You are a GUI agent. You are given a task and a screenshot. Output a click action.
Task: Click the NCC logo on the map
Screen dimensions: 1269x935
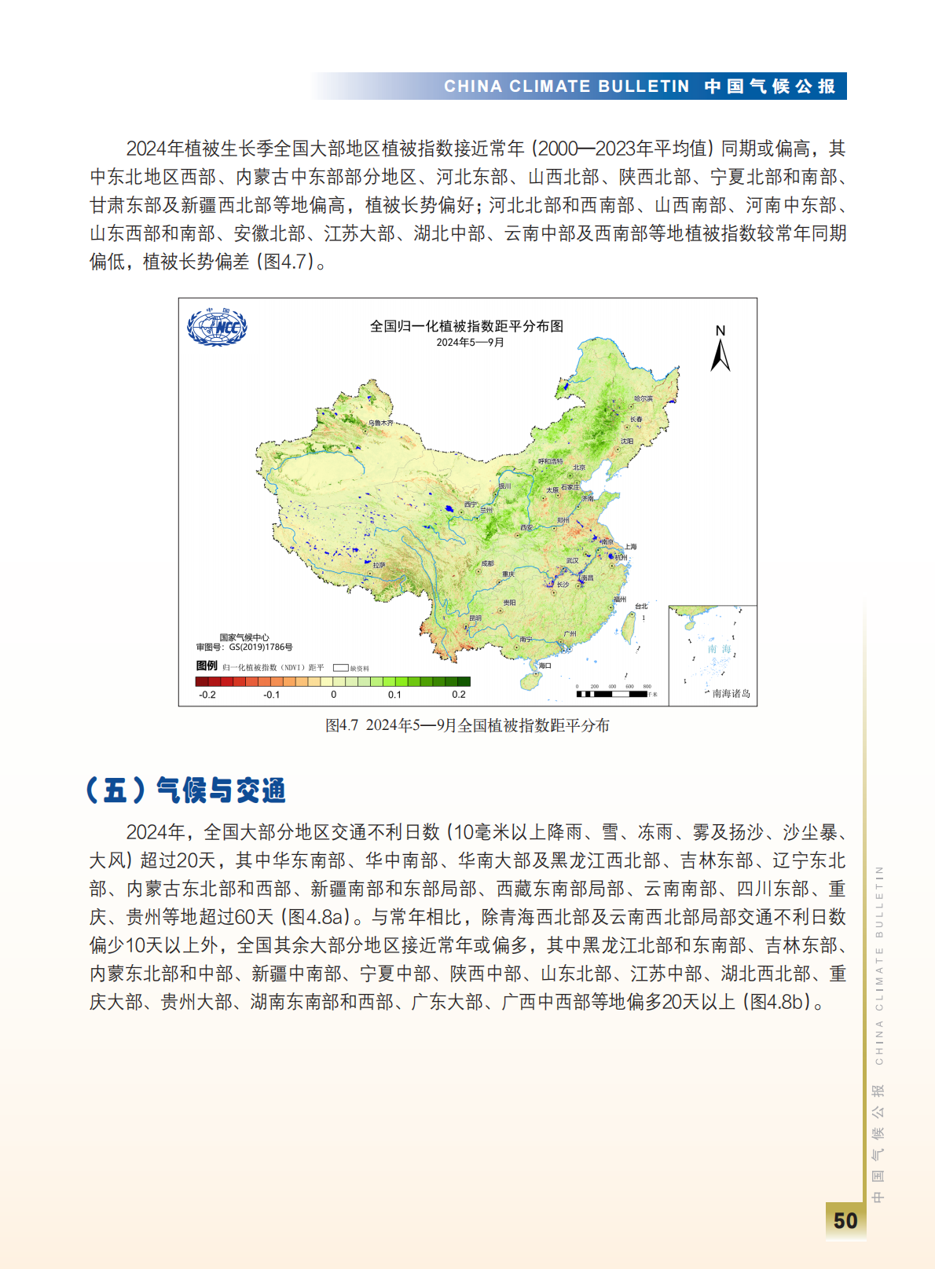(x=217, y=326)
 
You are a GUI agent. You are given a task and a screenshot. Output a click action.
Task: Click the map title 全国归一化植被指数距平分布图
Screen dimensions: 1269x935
(x=467, y=326)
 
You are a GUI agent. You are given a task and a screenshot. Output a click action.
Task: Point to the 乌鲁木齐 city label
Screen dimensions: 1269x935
(x=381, y=423)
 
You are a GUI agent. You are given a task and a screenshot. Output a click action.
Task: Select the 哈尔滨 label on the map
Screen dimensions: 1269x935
(x=643, y=399)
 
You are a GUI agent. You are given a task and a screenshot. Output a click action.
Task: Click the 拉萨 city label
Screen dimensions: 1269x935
(x=379, y=565)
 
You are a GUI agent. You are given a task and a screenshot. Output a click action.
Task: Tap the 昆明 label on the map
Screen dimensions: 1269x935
(x=475, y=618)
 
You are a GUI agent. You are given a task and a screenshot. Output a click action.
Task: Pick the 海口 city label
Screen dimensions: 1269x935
(x=544, y=665)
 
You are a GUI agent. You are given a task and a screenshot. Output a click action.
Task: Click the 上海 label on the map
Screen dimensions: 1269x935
(x=630, y=546)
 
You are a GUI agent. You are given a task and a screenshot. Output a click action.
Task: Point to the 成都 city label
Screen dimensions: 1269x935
(x=487, y=563)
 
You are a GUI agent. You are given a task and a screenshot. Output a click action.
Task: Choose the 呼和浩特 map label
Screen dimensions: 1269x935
(x=550, y=461)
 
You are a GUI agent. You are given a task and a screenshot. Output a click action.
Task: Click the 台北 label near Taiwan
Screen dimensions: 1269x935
(x=642, y=606)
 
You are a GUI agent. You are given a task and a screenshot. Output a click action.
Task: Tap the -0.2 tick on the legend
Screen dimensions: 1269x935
(x=207, y=695)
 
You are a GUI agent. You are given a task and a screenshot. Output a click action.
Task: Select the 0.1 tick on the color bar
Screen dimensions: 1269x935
(x=394, y=695)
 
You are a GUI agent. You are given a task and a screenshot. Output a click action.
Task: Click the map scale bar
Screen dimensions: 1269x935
(x=612, y=694)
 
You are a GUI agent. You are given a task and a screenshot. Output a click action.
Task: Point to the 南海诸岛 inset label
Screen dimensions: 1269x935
(x=731, y=693)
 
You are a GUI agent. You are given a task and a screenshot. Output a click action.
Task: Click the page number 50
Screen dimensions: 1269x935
(x=845, y=1220)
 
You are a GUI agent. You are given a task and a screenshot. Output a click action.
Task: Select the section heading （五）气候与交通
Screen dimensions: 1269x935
(x=186, y=790)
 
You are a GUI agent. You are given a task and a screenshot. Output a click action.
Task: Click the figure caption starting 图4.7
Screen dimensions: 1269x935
(x=467, y=725)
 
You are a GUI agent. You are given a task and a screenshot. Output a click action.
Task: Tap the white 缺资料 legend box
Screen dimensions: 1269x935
(x=340, y=668)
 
